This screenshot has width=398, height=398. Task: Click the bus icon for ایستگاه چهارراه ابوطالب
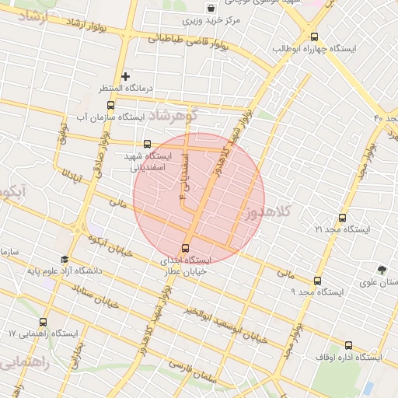[314, 37]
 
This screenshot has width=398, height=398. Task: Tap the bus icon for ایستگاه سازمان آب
[110, 105]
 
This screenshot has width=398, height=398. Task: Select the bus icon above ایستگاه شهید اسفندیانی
[148, 144]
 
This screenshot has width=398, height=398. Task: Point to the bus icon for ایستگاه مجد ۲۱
[343, 217]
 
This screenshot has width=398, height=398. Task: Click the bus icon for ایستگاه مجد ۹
[317, 281]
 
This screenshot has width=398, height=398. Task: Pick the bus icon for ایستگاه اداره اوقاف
[347, 345]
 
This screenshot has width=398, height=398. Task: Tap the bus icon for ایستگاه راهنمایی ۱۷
[43, 321]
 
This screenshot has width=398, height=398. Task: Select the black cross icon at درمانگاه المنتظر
[125, 76]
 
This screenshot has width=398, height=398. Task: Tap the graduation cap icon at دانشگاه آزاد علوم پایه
[64, 259]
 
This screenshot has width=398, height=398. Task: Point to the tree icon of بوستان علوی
[381, 270]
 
